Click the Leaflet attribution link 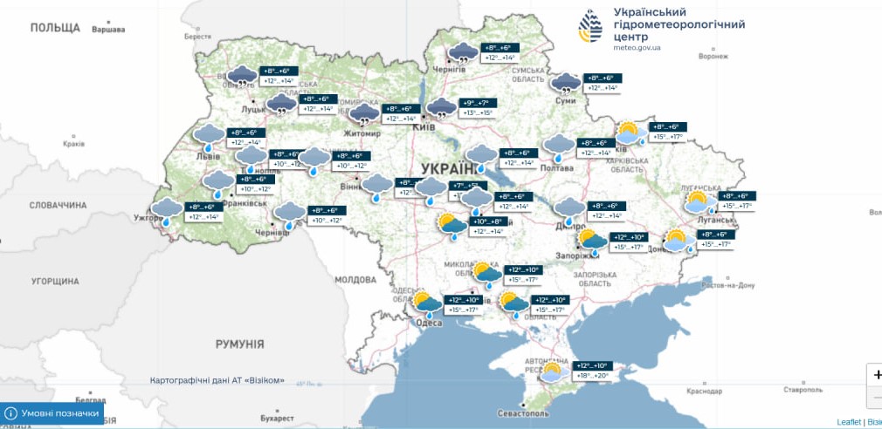[x=848, y=422]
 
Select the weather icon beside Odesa [x=428, y=304]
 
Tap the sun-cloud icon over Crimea [x=551, y=373]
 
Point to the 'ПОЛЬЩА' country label [x=55, y=28]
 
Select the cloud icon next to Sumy [x=566, y=84]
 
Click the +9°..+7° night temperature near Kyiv [x=479, y=103]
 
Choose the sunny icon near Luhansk [x=697, y=203]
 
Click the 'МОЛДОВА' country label [x=355, y=279]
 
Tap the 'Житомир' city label [x=362, y=134]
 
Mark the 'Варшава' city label [x=108, y=30]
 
